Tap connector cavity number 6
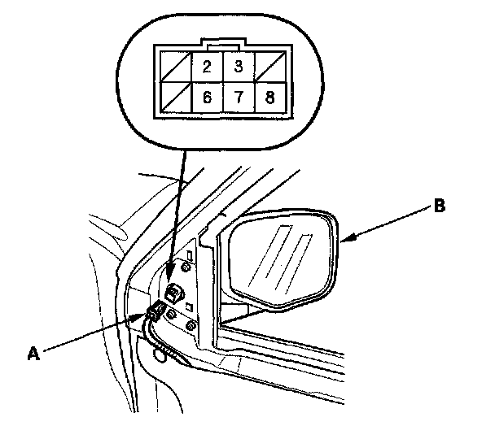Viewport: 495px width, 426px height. pos(207,98)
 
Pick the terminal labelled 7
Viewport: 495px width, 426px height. pos(239,98)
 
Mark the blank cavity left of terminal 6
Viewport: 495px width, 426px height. pos(176,98)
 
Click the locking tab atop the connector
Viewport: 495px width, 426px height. pos(222,42)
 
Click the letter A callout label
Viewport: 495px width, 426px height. pos(33,352)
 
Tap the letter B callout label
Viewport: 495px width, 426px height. pos(439,207)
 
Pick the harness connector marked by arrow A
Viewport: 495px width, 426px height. pos(156,310)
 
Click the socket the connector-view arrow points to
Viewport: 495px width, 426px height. pos(173,292)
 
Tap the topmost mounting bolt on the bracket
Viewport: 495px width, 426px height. pos(188,265)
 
